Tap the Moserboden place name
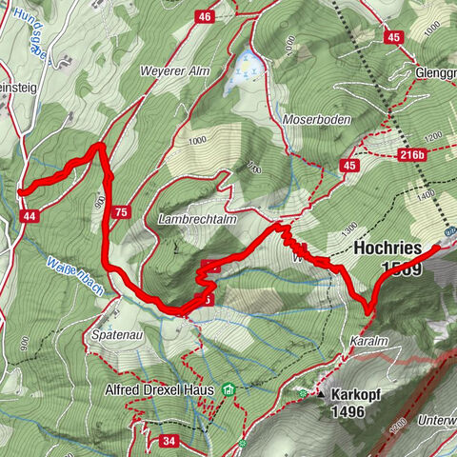[317, 120]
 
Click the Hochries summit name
[387, 247]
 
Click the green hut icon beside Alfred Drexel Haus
[228, 388]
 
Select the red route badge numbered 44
[30, 217]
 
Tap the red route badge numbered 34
[168, 441]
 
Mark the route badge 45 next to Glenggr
[391, 37]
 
